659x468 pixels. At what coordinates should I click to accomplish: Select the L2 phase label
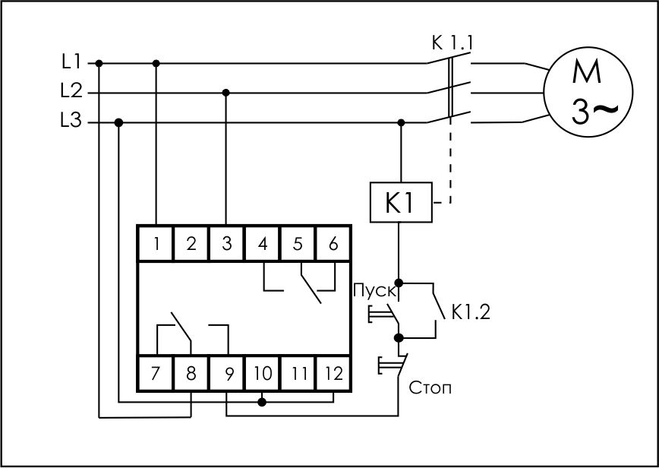coord(71,91)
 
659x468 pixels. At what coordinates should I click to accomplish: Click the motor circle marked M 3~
coord(588,92)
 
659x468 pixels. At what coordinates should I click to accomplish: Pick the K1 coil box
coord(401,202)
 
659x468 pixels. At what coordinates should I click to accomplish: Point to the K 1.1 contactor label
coord(452,43)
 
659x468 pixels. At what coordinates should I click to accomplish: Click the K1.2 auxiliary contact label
coord(471,312)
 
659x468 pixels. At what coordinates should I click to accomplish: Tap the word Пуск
coord(374,291)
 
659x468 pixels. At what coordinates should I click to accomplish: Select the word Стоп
coord(430,387)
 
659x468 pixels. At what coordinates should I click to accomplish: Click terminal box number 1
coord(156,244)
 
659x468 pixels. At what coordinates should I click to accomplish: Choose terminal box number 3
coord(226,244)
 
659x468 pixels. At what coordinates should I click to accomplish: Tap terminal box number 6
coord(333,244)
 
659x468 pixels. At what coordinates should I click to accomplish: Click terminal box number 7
coord(156,373)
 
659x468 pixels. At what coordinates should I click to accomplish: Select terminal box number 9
coord(226,373)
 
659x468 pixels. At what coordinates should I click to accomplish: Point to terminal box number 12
coord(333,373)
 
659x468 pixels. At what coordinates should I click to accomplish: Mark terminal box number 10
coord(262,373)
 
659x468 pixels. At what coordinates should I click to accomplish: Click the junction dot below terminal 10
coord(262,403)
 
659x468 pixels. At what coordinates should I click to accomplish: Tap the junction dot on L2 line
coord(226,93)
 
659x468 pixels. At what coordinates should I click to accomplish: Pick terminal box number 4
coord(262,244)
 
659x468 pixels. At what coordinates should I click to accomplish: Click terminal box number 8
coord(191,373)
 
